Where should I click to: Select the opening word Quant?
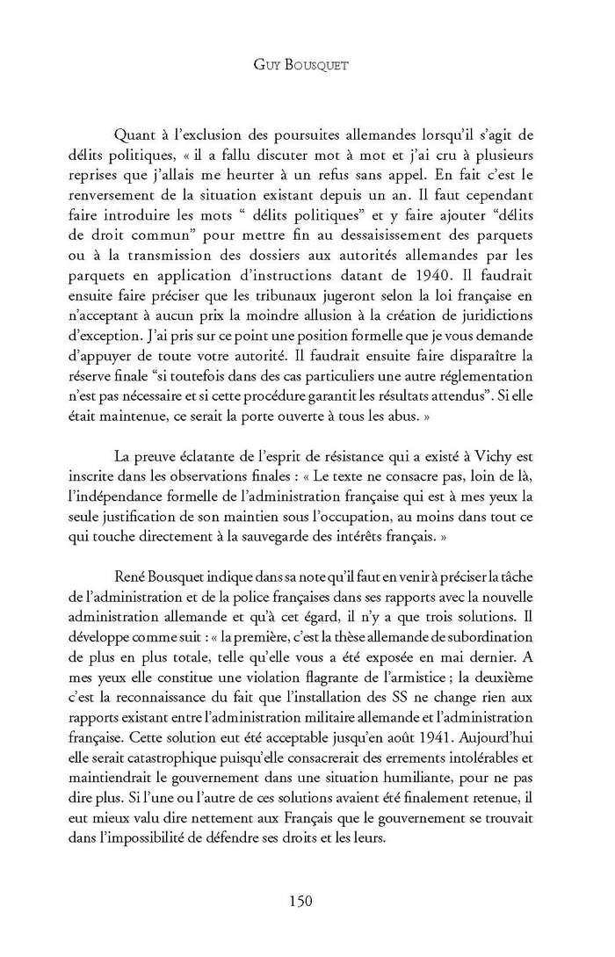click(x=136, y=134)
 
